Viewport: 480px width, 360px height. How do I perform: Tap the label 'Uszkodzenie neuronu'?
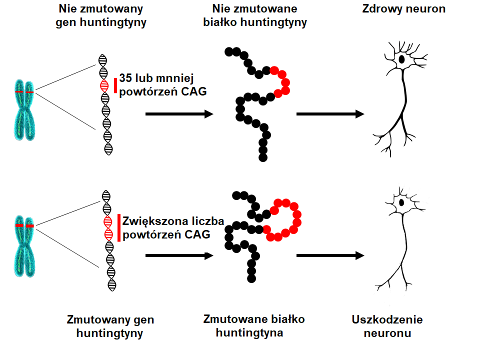[387, 326]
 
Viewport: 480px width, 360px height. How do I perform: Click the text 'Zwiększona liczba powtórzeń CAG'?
[173, 228]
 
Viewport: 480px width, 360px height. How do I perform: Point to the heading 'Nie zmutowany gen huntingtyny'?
[101, 15]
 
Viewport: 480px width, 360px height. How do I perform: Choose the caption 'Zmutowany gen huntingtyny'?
[109, 326]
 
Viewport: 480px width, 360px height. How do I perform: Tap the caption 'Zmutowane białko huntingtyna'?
[253, 325]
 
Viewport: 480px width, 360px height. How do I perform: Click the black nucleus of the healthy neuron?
[401, 59]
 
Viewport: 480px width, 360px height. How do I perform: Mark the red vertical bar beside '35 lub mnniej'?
[115, 85]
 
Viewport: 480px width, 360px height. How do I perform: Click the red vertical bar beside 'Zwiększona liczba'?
[119, 228]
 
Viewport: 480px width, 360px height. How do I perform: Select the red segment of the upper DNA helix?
[104, 85]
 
